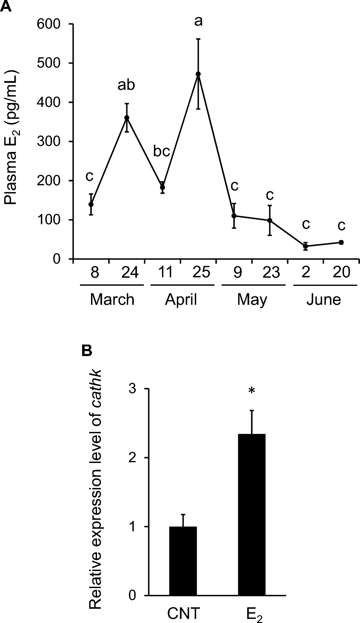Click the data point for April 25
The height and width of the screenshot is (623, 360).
198,74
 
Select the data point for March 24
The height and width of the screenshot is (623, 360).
127,118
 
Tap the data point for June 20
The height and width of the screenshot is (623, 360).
341,242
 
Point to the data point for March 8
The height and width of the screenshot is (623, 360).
91,204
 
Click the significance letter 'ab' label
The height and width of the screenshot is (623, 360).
126,85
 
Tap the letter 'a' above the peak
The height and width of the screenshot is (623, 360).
198,22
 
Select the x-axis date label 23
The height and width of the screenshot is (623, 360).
271,273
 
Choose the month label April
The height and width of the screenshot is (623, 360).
181,299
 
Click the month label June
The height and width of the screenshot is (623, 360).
324,299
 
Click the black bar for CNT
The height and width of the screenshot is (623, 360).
183,561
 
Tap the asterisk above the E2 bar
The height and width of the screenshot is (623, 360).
252,391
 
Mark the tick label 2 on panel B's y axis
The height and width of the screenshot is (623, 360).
132,458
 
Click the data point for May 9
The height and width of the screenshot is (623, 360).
234,216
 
